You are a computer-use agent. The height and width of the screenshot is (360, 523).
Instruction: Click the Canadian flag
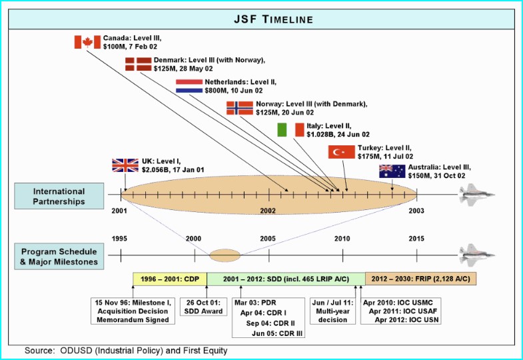click(x=87, y=42)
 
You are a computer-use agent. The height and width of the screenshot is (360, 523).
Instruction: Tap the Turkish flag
click(x=342, y=152)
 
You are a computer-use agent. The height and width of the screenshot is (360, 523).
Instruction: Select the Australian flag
click(x=392, y=171)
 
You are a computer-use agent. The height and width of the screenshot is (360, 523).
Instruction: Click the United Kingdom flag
click(x=125, y=165)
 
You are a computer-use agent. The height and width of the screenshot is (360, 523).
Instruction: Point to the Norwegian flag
click(x=240, y=108)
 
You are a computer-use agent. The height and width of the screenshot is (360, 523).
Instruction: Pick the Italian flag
click(x=291, y=130)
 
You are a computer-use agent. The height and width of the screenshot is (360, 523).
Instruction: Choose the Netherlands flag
click(x=189, y=86)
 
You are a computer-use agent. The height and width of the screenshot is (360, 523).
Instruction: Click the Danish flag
click(x=139, y=64)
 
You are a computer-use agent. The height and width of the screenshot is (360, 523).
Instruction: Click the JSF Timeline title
click(x=274, y=19)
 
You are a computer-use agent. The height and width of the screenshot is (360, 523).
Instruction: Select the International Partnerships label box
click(x=59, y=196)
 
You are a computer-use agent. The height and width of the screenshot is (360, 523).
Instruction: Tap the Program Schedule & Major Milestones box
click(x=59, y=256)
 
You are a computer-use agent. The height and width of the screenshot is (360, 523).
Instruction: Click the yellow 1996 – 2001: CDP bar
click(x=170, y=279)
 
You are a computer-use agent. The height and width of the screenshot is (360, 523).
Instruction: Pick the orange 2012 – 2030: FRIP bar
click(x=420, y=279)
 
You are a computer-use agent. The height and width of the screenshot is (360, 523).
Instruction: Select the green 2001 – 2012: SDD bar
click(x=286, y=279)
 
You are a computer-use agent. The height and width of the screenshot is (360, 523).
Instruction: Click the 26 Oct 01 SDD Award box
click(x=203, y=307)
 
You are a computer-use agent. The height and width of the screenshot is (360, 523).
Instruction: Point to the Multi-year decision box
click(x=332, y=311)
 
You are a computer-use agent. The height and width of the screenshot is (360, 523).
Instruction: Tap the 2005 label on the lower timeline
click(x=268, y=239)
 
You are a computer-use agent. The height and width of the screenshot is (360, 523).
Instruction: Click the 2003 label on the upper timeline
click(x=416, y=211)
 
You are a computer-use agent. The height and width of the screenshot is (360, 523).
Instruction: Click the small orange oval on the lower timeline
click(x=225, y=255)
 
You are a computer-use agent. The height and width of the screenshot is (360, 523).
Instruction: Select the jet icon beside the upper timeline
click(x=477, y=195)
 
